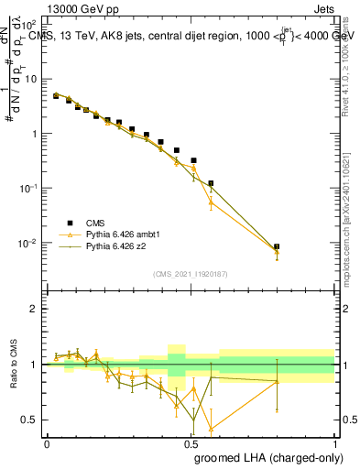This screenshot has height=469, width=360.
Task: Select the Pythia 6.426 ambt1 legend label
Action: click(x=124, y=234)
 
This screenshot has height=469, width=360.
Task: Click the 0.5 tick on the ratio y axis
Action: click(x=35, y=420)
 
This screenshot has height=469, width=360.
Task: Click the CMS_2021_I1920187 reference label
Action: click(x=191, y=273)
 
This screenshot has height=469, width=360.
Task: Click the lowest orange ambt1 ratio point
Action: click(x=211, y=428)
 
